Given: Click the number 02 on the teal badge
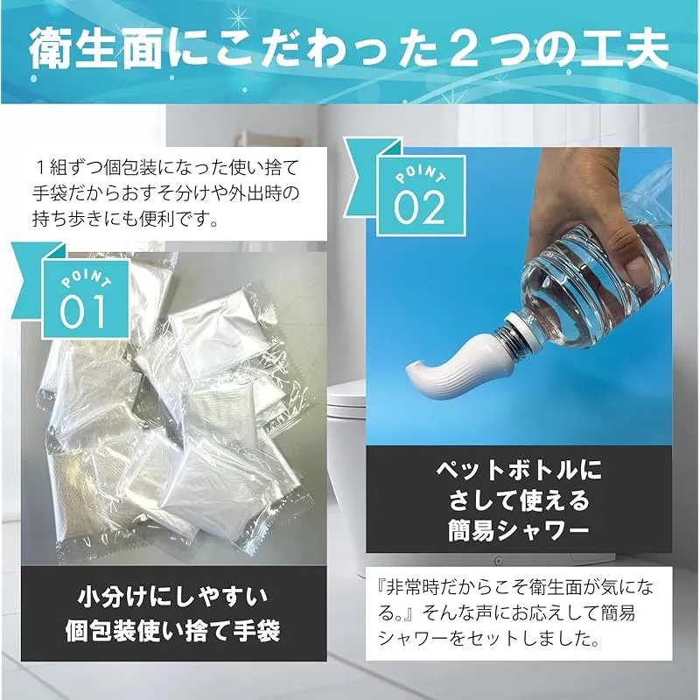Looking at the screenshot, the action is click(x=419, y=207).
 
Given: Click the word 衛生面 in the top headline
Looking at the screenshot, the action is click(x=95, y=50).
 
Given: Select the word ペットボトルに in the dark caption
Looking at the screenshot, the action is click(x=519, y=470).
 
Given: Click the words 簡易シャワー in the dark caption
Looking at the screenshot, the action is click(x=519, y=531).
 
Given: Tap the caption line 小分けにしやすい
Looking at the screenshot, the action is click(x=173, y=598).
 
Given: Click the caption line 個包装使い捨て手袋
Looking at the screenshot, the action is click(x=173, y=631).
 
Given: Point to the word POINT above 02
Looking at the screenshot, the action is click(x=420, y=173).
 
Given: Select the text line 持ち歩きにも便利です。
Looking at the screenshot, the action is click(x=125, y=219).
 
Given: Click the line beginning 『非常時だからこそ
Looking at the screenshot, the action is click(x=515, y=587).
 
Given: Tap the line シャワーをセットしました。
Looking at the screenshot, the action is click(x=488, y=639).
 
